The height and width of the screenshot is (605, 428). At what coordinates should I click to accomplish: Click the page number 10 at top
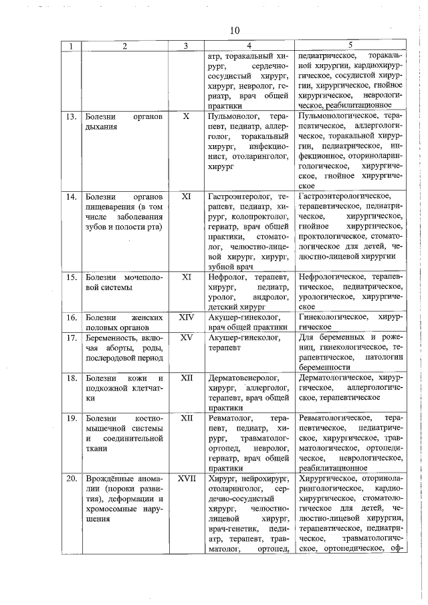[x=234, y=30]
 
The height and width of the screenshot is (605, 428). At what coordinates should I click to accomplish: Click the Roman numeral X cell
[x=187, y=116]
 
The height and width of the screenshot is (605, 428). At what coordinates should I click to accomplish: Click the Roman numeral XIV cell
[x=187, y=317]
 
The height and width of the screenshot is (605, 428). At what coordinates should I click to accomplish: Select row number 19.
[x=70, y=418]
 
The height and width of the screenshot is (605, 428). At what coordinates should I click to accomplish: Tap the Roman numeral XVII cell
[x=187, y=479]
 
